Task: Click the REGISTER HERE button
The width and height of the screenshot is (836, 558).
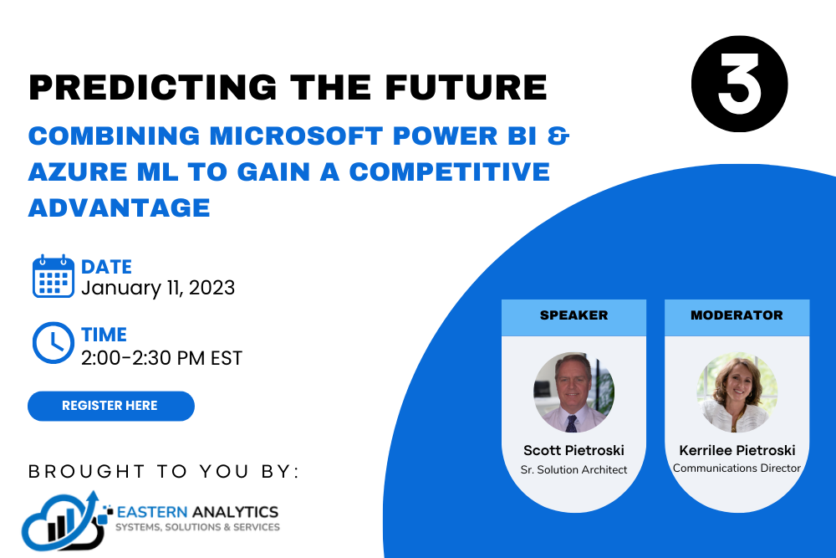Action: click(111, 406)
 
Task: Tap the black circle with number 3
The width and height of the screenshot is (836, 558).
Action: click(739, 84)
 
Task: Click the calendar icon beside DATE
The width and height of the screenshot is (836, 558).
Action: click(54, 276)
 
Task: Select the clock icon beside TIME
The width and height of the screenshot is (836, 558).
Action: click(54, 343)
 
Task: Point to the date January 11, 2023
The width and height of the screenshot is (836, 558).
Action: click(158, 288)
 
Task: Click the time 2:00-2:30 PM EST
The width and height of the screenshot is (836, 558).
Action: click(161, 358)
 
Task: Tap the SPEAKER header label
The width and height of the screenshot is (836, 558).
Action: click(573, 315)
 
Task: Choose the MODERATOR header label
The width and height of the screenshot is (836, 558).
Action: click(737, 315)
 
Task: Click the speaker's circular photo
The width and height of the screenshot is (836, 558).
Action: click(573, 392)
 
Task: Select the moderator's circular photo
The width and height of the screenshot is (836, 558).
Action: click(737, 392)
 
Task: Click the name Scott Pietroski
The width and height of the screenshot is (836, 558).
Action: click(573, 450)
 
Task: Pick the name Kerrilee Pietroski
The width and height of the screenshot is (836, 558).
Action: click(737, 450)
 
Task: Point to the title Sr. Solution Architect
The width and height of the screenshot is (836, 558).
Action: click(573, 469)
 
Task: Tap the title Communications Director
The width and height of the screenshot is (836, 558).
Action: click(737, 468)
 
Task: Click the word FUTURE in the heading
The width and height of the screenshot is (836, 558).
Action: click(466, 87)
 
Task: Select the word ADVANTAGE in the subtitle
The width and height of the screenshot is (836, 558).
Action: click(120, 207)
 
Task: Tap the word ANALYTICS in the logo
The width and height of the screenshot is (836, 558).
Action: click(235, 512)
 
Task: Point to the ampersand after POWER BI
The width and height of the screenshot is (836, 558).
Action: click(558, 136)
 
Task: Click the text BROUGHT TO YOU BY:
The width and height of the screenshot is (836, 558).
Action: click(164, 472)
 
